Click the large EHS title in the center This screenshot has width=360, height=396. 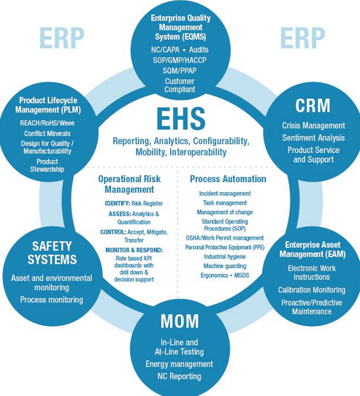click(181, 118)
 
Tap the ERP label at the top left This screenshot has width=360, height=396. click(62, 38)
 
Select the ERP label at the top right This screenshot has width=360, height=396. click(303, 38)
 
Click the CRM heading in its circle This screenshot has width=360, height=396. click(313, 105)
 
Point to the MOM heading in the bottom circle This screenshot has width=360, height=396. click(180, 321)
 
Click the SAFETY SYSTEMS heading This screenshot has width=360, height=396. click(52, 253)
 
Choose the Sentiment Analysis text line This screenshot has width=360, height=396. click(313, 138)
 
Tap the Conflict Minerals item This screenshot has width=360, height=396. click(47, 134)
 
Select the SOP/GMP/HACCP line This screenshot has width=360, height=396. click(180, 60)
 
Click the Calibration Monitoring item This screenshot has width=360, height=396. click(312, 290)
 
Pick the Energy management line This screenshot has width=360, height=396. click(179, 364)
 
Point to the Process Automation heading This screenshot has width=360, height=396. click(228, 179)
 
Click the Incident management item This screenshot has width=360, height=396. click(225, 194)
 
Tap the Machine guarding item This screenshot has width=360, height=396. click(225, 266)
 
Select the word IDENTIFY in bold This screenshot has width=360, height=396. click(118, 203)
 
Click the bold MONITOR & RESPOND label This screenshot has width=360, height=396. click(134, 250)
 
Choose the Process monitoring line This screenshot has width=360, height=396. click(52, 300)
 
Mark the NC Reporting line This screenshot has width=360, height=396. click(179, 376)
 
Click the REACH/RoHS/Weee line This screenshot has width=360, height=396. click(47, 123)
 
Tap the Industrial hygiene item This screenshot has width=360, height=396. click(225, 256)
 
